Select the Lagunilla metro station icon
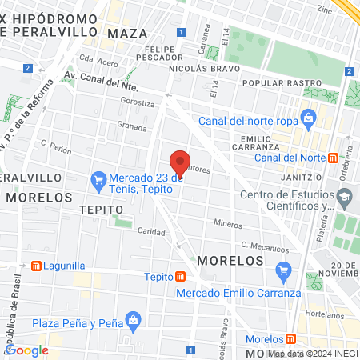click(x=35, y=265)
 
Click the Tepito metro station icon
click(x=182, y=277)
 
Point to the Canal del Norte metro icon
click(x=350, y=157)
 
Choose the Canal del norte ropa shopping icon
click(x=308, y=121)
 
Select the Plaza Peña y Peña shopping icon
click(x=133, y=322)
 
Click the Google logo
click(x=26, y=350)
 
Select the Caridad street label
click(x=150, y=231)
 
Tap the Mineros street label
click(x=227, y=225)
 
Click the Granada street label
click(x=132, y=126)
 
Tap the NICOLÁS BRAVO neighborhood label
click(x=201, y=69)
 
